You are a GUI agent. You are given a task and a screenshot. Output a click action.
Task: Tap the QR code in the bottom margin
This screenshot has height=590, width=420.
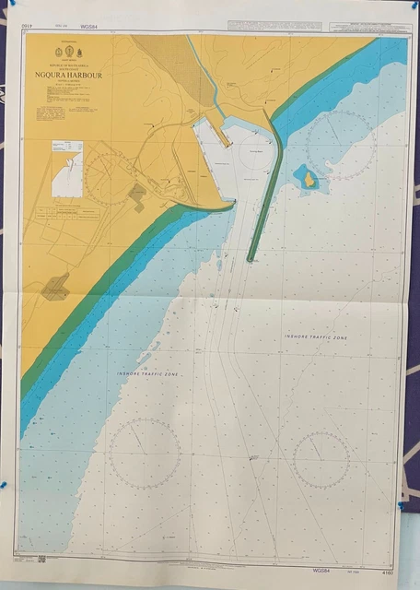click(x=42, y=559)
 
